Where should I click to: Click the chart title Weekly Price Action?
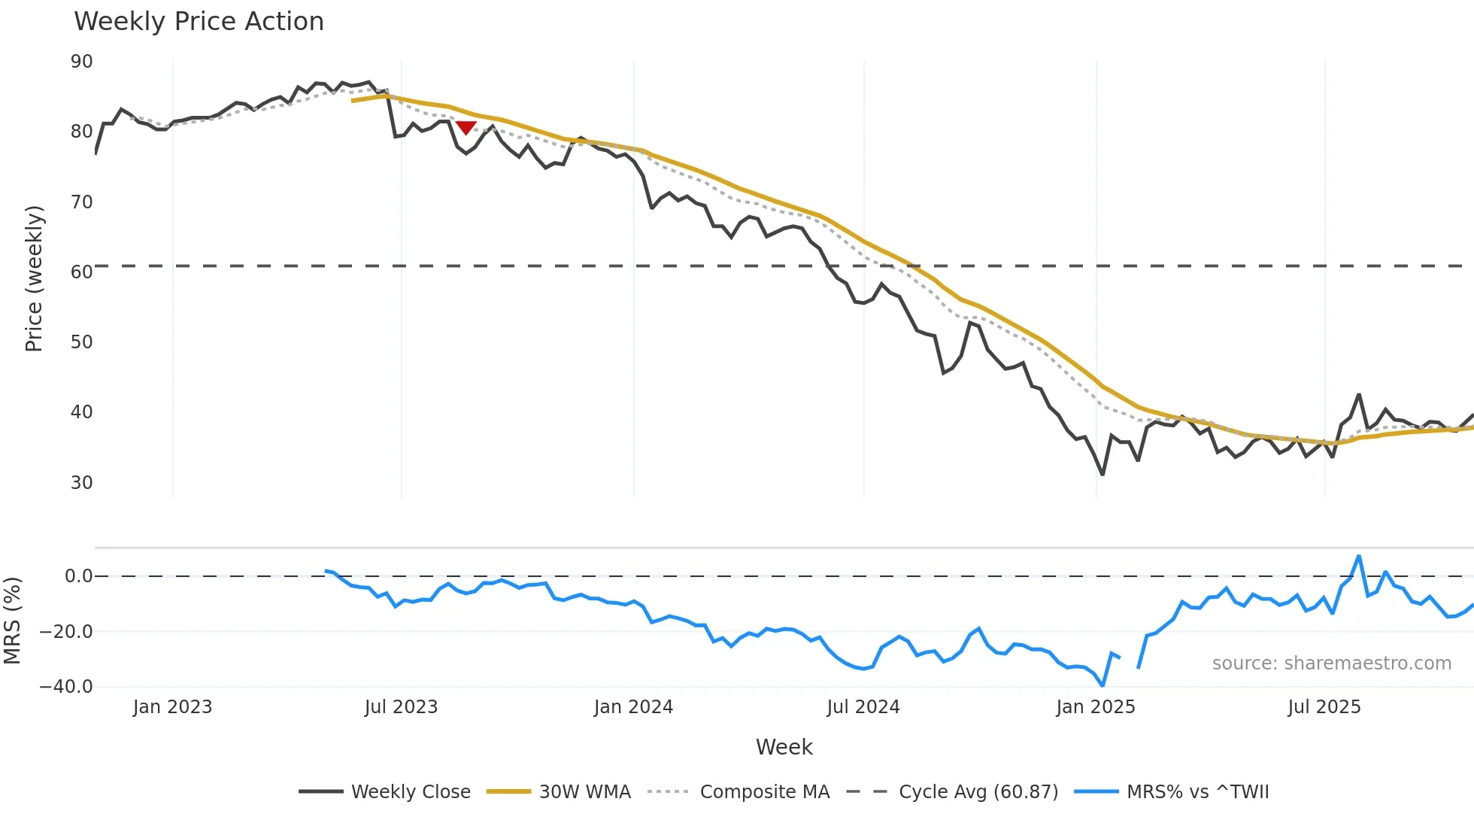click(x=199, y=22)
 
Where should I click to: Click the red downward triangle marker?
click(x=466, y=128)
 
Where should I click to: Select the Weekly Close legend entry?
click(x=384, y=792)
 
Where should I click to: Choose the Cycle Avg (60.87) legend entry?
click(x=952, y=792)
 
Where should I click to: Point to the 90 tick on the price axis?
click(x=82, y=62)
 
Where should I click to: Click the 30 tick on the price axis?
click(x=82, y=483)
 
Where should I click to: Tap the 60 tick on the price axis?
click(x=82, y=272)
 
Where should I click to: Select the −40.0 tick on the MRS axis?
click(x=66, y=687)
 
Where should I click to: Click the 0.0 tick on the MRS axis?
click(x=78, y=576)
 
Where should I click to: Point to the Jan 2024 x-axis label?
click(x=633, y=707)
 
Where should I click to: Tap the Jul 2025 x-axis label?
click(x=1324, y=707)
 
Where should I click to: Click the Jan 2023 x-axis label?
click(x=172, y=707)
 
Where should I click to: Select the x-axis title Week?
click(x=784, y=747)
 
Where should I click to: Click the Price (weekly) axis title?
click(x=34, y=278)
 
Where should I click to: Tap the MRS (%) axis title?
click(x=12, y=621)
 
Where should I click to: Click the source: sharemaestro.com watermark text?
click(x=1331, y=664)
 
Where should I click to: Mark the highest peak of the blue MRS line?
click(x=1359, y=557)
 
